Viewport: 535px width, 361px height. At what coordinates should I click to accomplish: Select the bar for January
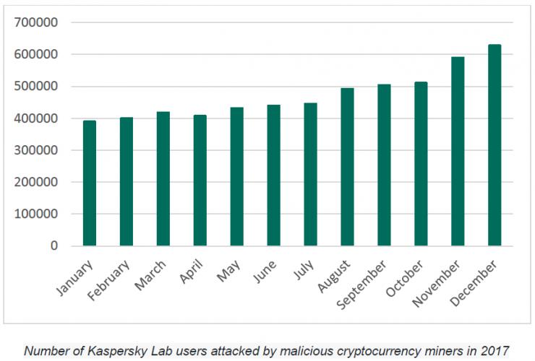(x=90, y=183)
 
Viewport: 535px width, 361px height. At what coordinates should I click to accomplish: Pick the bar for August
(x=347, y=167)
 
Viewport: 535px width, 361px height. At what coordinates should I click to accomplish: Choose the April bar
(x=200, y=180)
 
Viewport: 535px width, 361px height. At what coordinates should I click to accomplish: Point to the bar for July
(x=310, y=175)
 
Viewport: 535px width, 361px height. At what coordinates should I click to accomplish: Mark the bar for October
(x=421, y=164)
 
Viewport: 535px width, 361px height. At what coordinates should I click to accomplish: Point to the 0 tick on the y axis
(x=54, y=246)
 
